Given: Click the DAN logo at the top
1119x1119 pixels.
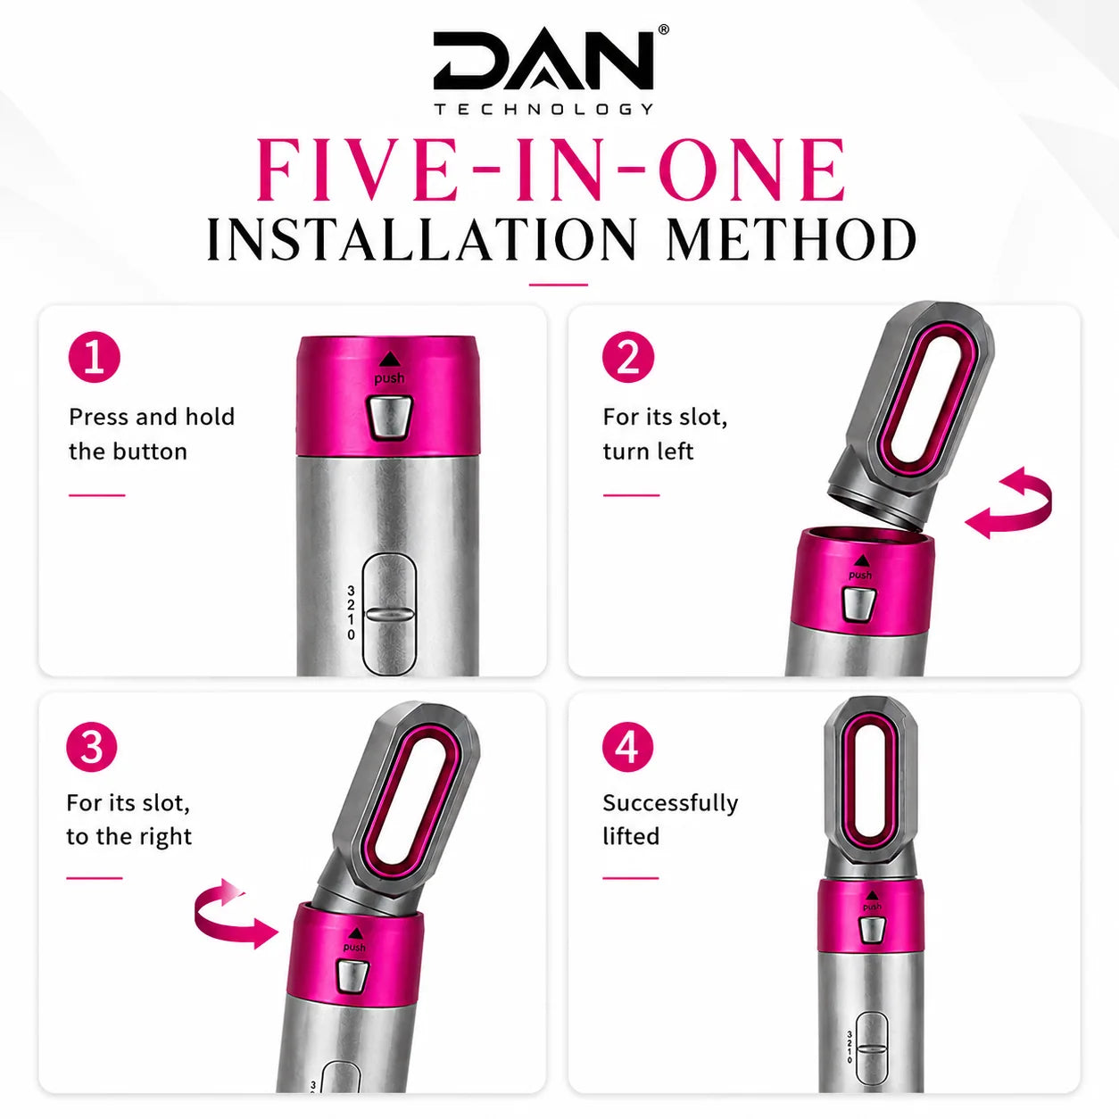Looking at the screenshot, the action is (543, 61).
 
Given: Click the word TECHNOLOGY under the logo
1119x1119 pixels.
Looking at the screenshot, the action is (544, 109).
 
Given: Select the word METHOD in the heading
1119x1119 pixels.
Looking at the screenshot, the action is (791, 239).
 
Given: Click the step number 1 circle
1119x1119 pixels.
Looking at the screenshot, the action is (94, 357).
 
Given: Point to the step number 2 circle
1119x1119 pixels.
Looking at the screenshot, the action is (627, 357).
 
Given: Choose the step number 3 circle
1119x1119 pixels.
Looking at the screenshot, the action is (92, 748).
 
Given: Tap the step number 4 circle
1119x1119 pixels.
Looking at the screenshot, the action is (627, 748).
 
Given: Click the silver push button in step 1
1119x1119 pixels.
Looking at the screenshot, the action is (390, 416).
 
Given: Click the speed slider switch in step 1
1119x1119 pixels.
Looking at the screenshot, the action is (390, 614).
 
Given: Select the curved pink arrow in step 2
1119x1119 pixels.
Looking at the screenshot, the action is (1008, 503).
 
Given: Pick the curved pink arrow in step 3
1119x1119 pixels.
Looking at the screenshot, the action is (236, 914).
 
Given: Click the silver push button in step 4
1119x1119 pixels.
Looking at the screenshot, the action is (870, 930).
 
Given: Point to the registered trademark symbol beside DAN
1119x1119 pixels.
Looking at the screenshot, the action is (664, 29).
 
